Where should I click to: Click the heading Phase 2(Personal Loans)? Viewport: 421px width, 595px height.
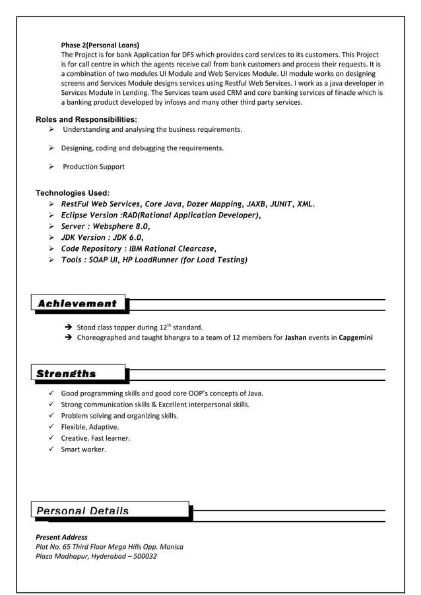click(100, 45)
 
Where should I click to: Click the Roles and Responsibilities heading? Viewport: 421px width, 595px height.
click(86, 119)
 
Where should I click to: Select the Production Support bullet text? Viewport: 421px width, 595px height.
click(93, 167)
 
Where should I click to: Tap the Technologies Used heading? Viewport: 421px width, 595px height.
click(72, 192)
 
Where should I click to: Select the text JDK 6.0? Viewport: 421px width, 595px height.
click(125, 237)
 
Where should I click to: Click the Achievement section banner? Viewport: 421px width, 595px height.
click(79, 304)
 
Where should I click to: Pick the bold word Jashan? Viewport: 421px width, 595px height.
click(298, 338)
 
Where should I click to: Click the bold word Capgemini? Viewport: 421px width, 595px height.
click(356, 338)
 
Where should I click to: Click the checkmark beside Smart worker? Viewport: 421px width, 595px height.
click(51, 449)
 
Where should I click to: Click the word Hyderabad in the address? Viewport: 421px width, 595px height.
click(103, 556)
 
